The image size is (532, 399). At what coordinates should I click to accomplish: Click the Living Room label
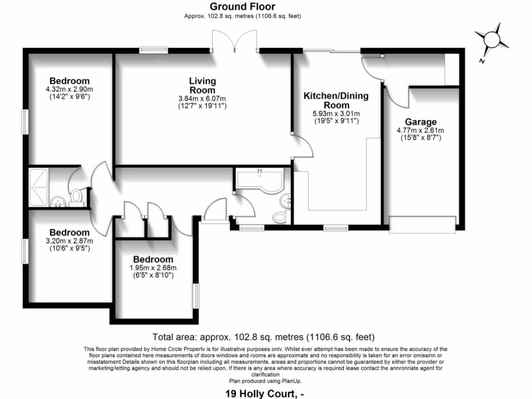click(202, 85)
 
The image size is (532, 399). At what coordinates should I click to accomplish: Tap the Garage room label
click(420, 123)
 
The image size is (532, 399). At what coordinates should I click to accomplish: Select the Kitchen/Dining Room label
click(336, 100)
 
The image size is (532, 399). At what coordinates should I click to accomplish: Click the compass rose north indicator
click(490, 41)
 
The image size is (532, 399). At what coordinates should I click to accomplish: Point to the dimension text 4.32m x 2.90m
click(69, 89)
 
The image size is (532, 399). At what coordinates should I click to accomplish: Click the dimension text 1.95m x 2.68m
click(153, 268)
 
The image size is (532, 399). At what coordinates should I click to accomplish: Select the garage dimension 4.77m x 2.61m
click(420, 131)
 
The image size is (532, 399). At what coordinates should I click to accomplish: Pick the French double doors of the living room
click(235, 42)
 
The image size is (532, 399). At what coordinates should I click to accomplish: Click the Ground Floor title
click(243, 7)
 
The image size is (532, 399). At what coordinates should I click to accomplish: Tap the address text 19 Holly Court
click(263, 393)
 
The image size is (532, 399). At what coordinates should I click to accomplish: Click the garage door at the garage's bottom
click(422, 223)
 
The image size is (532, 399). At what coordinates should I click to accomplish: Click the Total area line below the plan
click(263, 337)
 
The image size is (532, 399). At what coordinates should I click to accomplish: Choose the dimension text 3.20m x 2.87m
click(69, 241)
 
